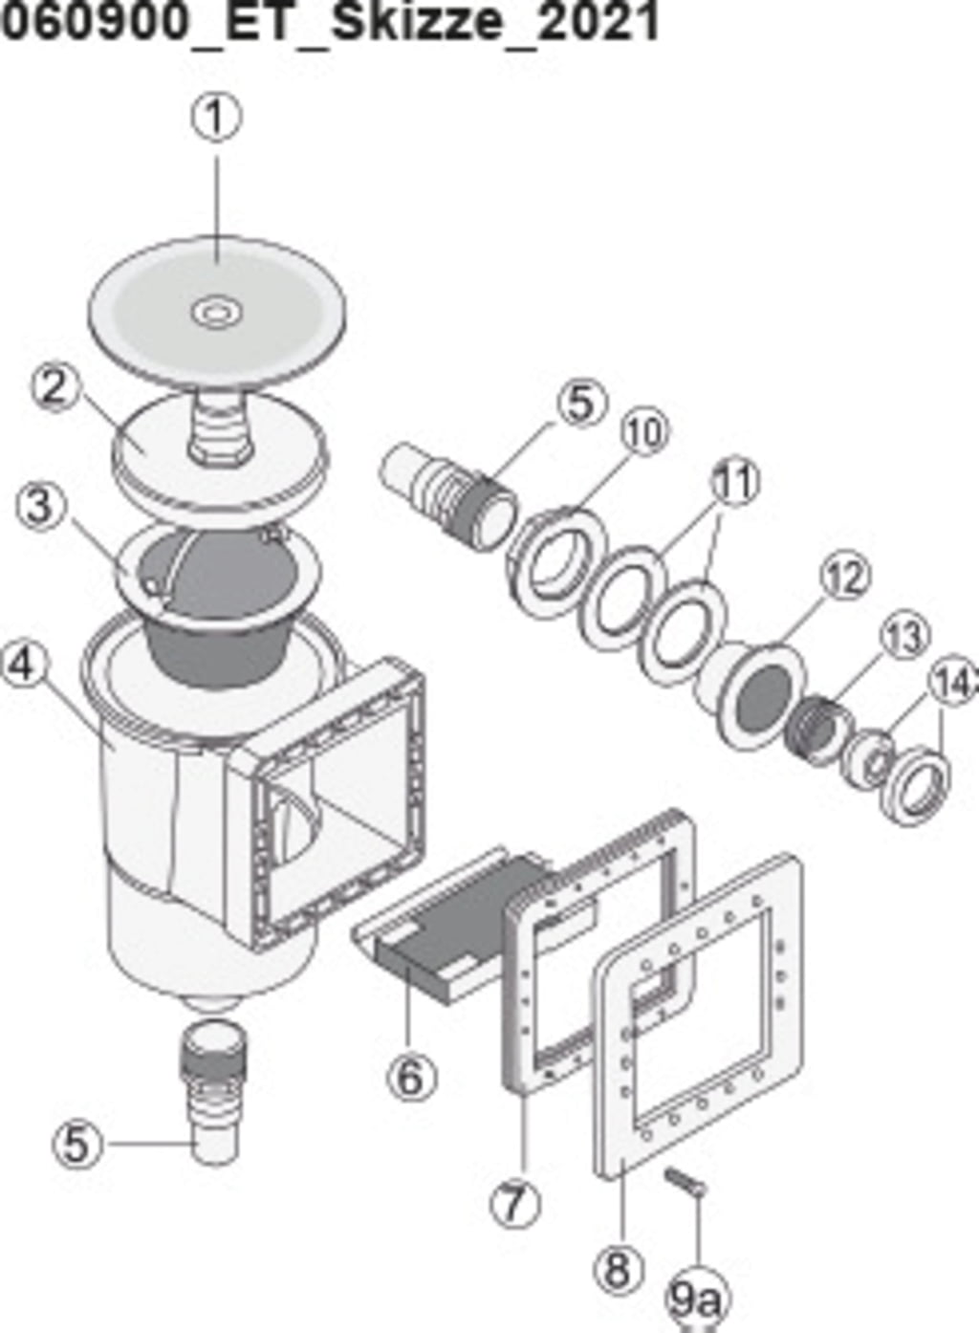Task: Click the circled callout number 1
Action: (217, 117)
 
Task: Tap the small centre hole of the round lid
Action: (216, 311)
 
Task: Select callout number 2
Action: (54, 387)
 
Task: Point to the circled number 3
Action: (39, 504)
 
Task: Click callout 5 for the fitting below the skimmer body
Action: (76, 1144)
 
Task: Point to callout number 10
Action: (645, 431)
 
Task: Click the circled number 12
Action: (845, 577)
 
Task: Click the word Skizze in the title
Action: (415, 23)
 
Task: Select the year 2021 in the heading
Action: (598, 23)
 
